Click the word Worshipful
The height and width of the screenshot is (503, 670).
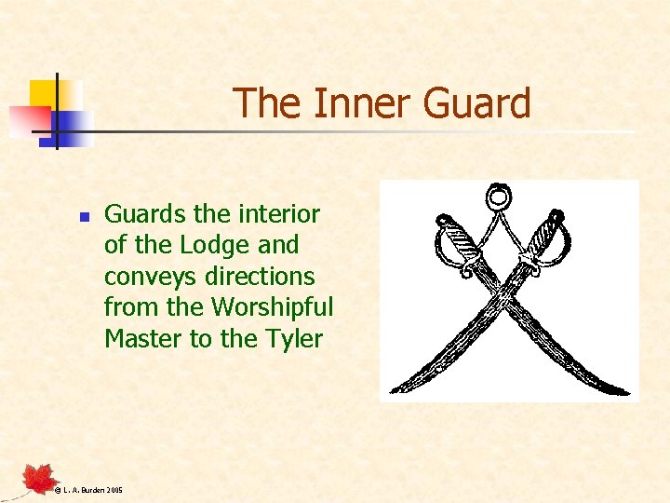[273, 307]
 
